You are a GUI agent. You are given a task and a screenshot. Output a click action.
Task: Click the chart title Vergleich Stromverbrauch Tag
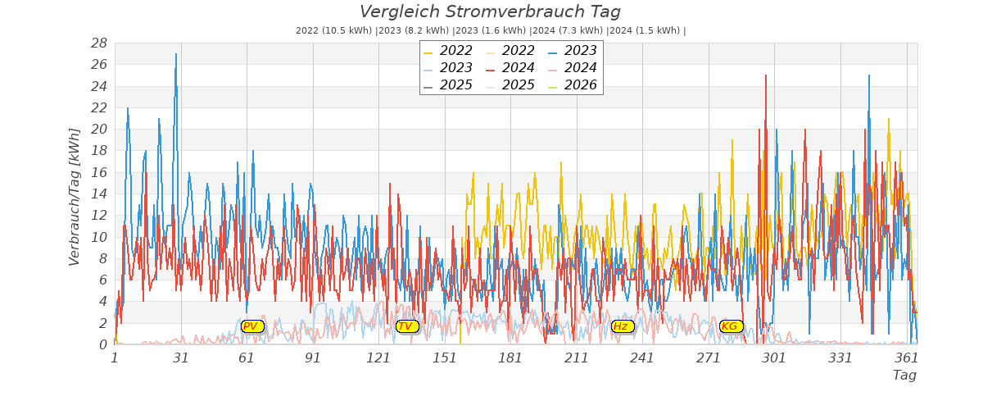[x=490, y=12]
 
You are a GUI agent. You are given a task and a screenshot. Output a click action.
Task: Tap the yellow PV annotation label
[x=251, y=326]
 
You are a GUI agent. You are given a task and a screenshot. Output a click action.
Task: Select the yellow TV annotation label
[x=406, y=326]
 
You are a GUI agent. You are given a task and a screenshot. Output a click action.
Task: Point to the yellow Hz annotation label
[x=622, y=326]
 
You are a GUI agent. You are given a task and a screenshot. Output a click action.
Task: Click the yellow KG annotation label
[x=730, y=326]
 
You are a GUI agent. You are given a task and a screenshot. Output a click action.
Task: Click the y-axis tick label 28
[x=99, y=43]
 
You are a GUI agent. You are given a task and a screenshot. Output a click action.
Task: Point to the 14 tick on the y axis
[x=99, y=194]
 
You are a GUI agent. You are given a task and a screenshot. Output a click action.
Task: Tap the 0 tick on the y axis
[x=103, y=344]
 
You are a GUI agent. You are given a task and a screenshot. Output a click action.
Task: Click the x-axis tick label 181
[x=510, y=358]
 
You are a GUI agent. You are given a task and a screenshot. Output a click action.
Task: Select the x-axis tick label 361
[x=907, y=358]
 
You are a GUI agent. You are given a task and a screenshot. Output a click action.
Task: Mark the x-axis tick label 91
[x=313, y=358]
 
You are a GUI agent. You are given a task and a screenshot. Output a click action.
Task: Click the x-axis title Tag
[x=904, y=376]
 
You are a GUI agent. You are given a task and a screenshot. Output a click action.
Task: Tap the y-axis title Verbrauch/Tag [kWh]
[x=75, y=197]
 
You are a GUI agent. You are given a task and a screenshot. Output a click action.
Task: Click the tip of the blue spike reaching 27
[x=175, y=55]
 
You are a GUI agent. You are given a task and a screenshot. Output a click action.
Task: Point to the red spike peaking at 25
[x=766, y=76]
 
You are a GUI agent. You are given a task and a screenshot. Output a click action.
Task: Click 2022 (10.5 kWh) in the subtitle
[x=333, y=31]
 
